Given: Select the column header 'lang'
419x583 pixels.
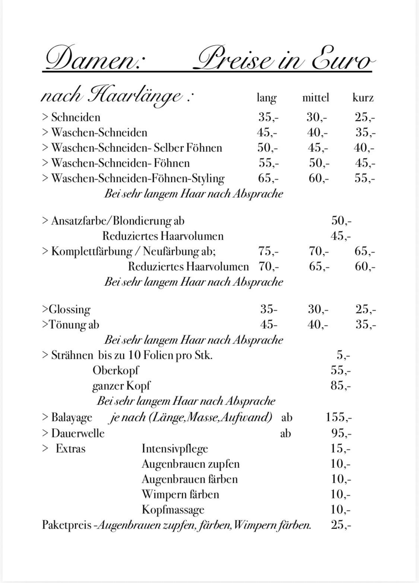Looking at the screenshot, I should tap(267, 98).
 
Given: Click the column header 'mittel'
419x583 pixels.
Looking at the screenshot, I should tap(315, 98).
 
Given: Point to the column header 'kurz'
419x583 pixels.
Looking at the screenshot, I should tap(363, 98).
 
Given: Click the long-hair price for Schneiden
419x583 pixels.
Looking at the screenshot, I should tap(268, 117).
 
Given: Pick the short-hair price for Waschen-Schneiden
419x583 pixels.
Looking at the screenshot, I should tap(365, 133).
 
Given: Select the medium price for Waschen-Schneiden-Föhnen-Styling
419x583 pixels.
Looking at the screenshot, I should tap(318, 178).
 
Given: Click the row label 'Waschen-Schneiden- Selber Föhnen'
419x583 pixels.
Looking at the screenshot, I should tap(136, 148).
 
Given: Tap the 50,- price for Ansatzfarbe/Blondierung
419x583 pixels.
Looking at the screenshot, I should tap(341, 221).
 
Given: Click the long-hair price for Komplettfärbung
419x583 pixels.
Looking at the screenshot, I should tap(268, 251).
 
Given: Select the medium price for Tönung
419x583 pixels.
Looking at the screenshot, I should tap(318, 325).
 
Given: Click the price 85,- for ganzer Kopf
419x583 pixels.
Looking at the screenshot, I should tap(340, 385).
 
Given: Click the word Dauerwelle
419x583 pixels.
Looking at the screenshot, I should tap(78, 433).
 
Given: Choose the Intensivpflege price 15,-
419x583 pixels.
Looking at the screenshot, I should tap(340, 449).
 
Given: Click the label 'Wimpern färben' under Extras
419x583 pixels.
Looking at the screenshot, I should tap(180, 494).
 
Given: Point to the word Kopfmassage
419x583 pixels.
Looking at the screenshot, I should tap(173, 510).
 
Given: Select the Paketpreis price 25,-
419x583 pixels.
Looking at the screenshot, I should tap(340, 525).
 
